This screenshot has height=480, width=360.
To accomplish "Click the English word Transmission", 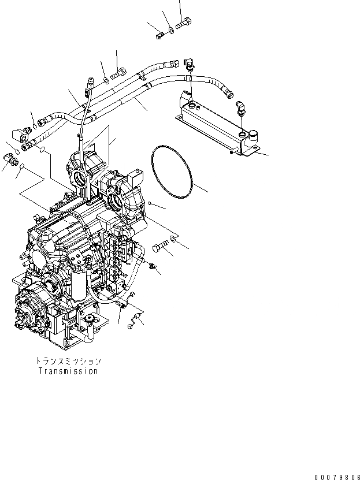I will pos(68,371).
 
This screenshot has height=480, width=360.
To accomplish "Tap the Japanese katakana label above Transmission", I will pos(68,361).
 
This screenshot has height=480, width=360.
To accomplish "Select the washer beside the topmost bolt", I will pos(170,29).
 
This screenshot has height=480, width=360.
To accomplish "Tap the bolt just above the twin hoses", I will pos(118,73).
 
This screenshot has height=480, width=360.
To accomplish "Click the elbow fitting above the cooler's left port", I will pos(190,64).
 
